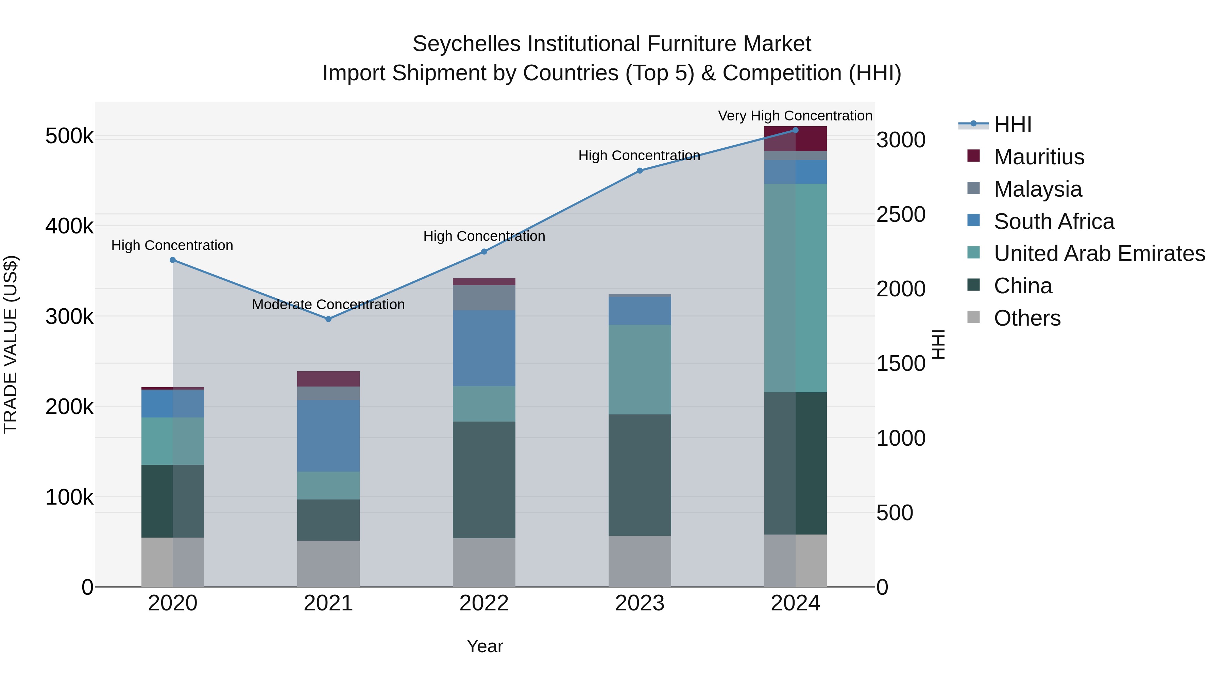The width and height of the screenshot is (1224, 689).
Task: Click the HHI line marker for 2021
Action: coord(328,319)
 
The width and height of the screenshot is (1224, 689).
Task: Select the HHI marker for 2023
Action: coord(640,171)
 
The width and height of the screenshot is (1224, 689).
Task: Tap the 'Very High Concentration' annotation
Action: coord(795,116)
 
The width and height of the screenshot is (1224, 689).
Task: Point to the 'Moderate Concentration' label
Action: coord(328,304)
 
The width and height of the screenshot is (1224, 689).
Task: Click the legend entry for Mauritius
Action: coord(1039,157)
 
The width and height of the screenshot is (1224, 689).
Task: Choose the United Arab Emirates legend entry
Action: coord(1099,253)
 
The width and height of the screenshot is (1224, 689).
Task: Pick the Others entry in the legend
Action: coord(1027,318)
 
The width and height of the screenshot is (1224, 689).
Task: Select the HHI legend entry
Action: coord(1012,125)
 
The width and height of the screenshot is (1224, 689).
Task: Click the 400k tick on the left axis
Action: coord(69,226)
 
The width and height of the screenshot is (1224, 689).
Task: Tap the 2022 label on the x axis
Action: coord(484,603)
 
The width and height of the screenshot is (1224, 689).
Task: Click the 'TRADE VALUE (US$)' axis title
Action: coord(11,344)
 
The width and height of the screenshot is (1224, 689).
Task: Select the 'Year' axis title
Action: coord(485,646)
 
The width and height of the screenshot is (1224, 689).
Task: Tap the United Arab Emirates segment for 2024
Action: coord(795,288)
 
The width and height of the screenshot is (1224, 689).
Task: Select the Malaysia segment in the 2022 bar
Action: coord(484,298)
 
